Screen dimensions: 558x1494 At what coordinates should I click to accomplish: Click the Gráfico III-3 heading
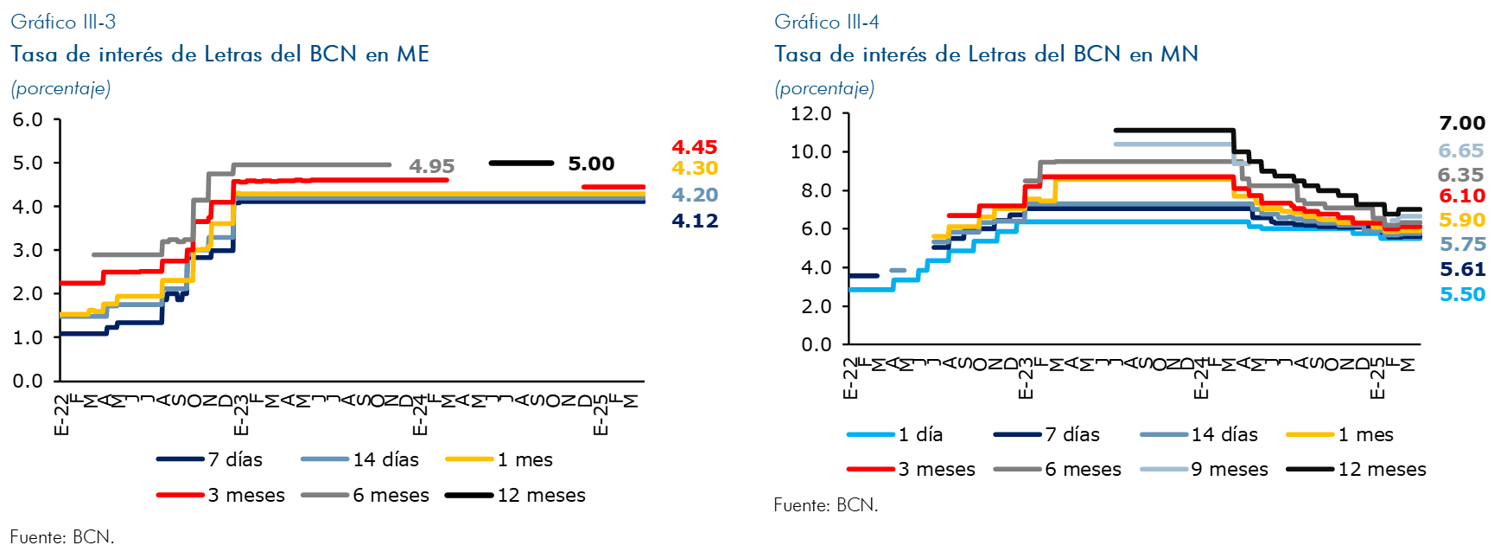tap(63, 22)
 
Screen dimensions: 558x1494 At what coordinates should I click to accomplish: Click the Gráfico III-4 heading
tap(826, 22)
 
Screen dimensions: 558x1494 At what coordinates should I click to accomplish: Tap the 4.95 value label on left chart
tap(431, 166)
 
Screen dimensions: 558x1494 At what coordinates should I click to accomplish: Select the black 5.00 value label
tap(591, 164)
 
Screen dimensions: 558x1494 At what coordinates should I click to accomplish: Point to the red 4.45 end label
tap(695, 147)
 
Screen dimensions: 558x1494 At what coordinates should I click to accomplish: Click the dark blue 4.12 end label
tap(695, 221)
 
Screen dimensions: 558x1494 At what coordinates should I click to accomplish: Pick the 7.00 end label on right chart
tap(1462, 123)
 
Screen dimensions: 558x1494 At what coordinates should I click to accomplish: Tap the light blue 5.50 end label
tap(1462, 294)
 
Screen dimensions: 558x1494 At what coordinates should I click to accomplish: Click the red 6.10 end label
tap(1462, 196)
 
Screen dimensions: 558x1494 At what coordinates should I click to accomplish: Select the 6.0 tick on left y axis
tap(28, 120)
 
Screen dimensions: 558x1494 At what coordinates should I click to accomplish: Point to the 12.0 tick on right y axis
tap(811, 113)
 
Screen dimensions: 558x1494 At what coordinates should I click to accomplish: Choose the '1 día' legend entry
tap(919, 434)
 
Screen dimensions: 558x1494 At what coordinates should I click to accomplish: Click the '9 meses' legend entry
tap(1229, 469)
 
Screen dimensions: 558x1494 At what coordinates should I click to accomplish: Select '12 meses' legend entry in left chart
tap(540, 495)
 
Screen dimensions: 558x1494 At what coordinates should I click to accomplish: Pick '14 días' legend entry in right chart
tap(1224, 434)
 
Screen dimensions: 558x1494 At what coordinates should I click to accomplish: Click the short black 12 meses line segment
tap(521, 163)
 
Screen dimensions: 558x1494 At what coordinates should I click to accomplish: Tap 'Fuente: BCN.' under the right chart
tap(825, 504)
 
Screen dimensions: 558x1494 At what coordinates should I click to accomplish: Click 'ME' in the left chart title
tap(413, 55)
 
